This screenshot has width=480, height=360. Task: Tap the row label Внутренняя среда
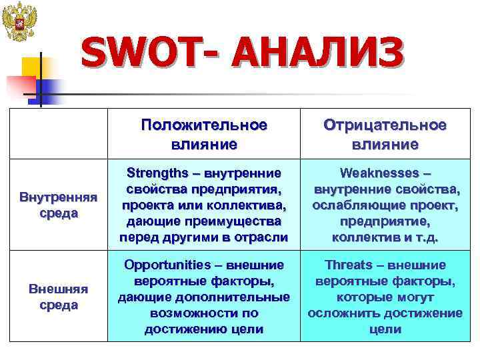click(x=58, y=205)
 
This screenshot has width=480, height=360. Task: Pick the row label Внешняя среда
click(x=58, y=296)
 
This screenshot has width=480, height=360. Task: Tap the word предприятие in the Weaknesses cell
click(x=385, y=221)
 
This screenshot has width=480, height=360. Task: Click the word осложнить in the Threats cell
click(x=344, y=313)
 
